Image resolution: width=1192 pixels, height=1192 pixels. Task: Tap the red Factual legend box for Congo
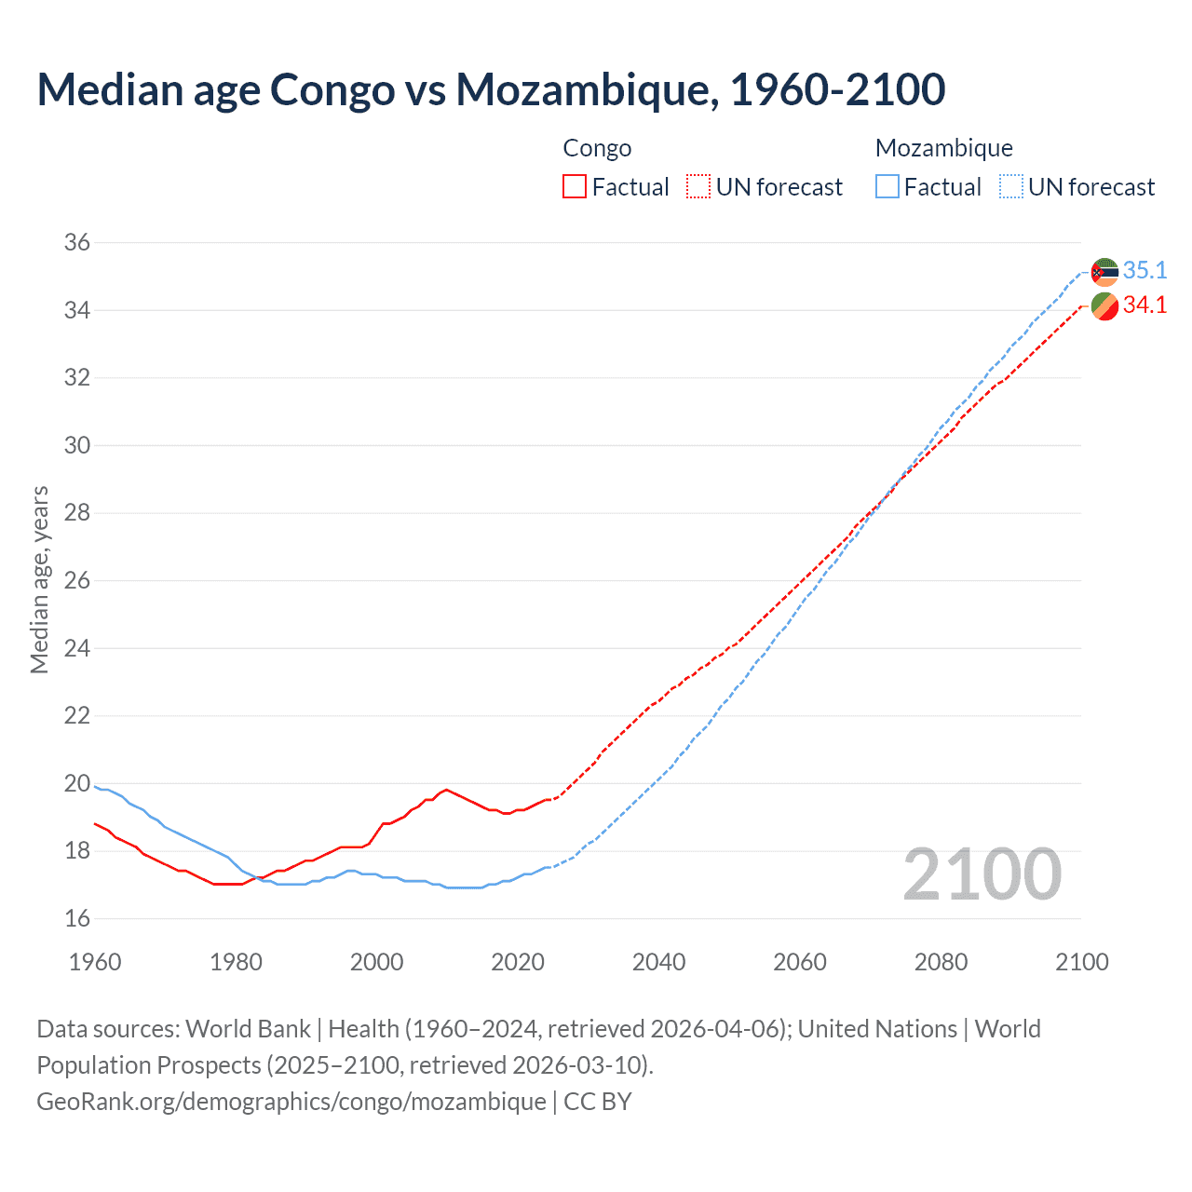click(x=575, y=186)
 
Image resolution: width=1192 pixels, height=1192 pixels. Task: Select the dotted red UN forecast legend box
click(x=698, y=186)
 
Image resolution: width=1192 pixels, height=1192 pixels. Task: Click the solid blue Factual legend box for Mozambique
click(x=887, y=186)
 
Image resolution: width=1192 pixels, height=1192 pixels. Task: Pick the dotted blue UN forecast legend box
click(x=1011, y=186)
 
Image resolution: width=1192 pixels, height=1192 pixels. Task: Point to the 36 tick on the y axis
click(x=77, y=243)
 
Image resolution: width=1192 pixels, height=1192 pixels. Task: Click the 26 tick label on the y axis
click(x=77, y=581)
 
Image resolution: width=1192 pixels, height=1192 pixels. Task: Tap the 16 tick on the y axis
click(x=77, y=919)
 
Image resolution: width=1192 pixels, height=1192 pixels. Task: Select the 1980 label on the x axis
click(x=236, y=962)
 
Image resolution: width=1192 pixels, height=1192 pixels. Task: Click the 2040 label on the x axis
click(x=658, y=962)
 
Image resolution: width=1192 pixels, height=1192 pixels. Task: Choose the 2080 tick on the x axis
click(x=941, y=962)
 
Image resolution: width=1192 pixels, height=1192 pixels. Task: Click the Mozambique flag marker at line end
click(x=1104, y=272)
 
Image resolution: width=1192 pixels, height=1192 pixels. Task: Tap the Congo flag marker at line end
click(x=1104, y=306)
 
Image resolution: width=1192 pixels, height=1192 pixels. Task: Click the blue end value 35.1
click(x=1145, y=270)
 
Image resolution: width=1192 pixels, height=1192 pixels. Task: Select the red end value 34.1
click(x=1145, y=305)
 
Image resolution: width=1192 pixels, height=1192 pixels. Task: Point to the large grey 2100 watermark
click(x=982, y=874)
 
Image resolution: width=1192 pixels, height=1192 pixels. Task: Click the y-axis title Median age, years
click(x=39, y=579)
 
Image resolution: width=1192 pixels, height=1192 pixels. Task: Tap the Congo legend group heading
click(x=597, y=148)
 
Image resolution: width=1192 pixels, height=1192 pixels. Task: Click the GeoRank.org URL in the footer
click(x=291, y=1102)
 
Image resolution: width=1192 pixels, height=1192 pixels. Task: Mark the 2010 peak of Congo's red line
click(x=447, y=790)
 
